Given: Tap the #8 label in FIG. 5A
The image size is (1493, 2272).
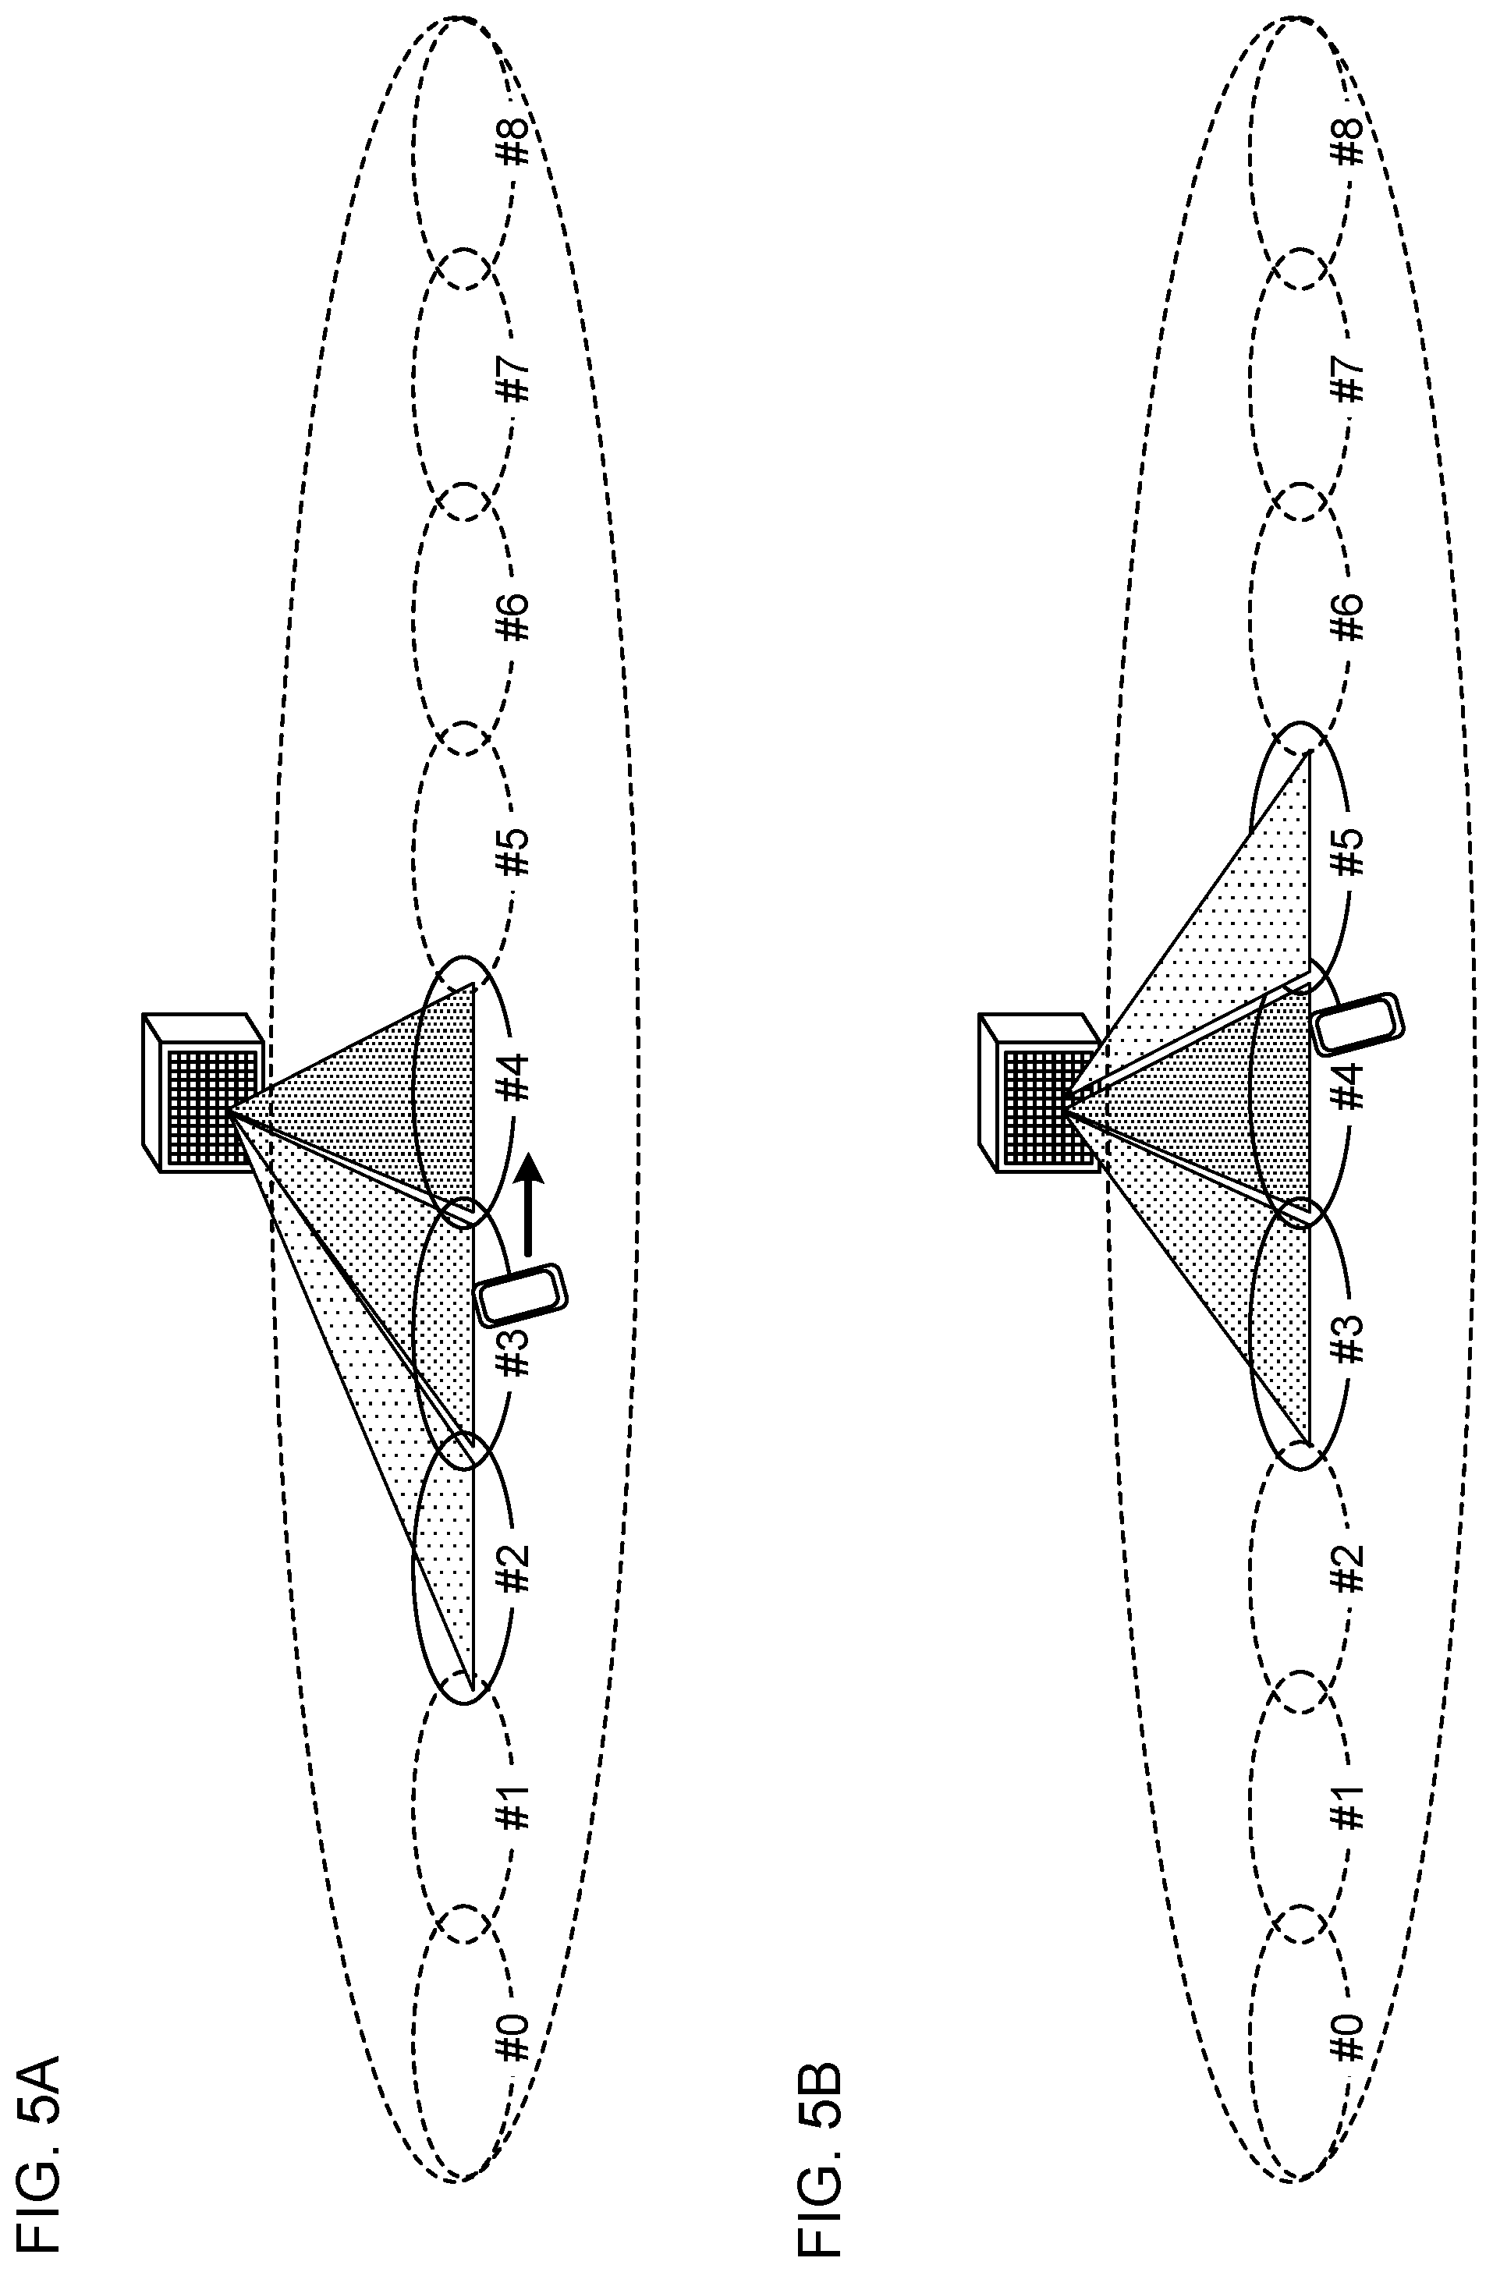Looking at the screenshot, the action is tap(513, 141).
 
